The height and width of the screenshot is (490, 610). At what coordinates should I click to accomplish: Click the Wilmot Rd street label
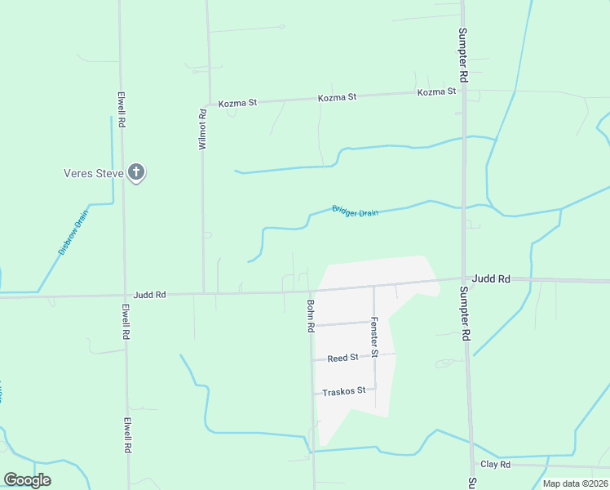[204, 129]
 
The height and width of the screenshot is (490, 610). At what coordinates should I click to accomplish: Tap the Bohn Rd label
[311, 316]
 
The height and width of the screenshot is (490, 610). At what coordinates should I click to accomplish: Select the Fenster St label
[374, 336]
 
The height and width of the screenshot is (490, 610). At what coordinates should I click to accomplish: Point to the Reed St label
[343, 358]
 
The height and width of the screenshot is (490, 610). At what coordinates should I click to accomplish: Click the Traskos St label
[343, 392]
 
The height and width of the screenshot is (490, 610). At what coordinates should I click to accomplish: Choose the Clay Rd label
[495, 464]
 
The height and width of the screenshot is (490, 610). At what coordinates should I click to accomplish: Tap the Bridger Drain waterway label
[355, 211]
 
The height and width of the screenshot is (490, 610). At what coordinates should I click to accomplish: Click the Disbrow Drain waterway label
[73, 233]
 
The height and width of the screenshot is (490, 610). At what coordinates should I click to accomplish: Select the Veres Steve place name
[93, 173]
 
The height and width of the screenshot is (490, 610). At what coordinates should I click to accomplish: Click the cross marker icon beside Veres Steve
[136, 172]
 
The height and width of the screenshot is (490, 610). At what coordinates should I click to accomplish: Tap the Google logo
[27, 480]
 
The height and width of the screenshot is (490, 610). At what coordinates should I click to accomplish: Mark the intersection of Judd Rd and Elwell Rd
[125, 294]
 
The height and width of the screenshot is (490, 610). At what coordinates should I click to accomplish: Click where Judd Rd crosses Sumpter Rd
[464, 280]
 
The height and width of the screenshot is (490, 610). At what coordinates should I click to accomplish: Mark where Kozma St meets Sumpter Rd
[463, 91]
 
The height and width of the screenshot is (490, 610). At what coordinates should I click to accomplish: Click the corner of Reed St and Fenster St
[374, 356]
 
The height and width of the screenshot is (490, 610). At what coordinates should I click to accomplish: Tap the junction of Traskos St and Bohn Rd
[313, 393]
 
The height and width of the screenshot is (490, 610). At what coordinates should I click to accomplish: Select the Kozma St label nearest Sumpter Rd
[436, 92]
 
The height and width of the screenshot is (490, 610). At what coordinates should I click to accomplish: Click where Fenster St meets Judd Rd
[374, 287]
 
